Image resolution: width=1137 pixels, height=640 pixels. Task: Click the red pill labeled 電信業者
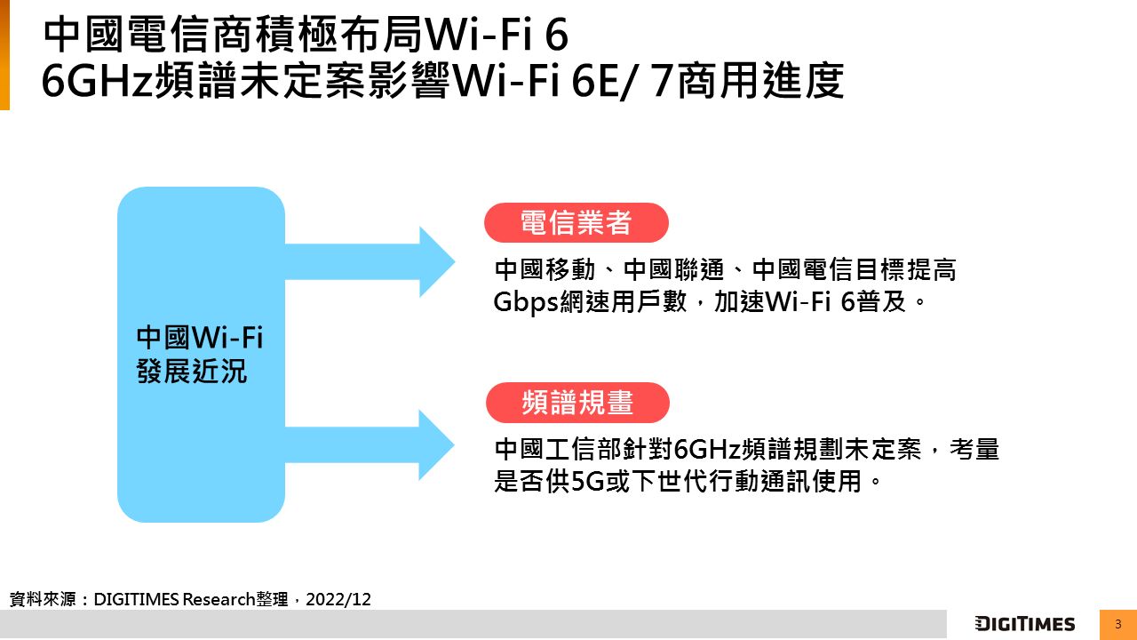576,223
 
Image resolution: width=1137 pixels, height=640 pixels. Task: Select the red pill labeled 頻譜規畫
577,403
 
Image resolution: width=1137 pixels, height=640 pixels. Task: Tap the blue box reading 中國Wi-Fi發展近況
201,354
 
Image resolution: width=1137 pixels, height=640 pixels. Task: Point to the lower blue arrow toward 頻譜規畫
373,444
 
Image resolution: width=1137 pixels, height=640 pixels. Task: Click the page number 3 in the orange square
1117,624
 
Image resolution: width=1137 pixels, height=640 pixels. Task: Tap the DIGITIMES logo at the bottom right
1024,624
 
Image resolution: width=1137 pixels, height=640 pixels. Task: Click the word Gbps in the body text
524,302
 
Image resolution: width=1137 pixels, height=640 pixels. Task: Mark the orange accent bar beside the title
4,55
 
